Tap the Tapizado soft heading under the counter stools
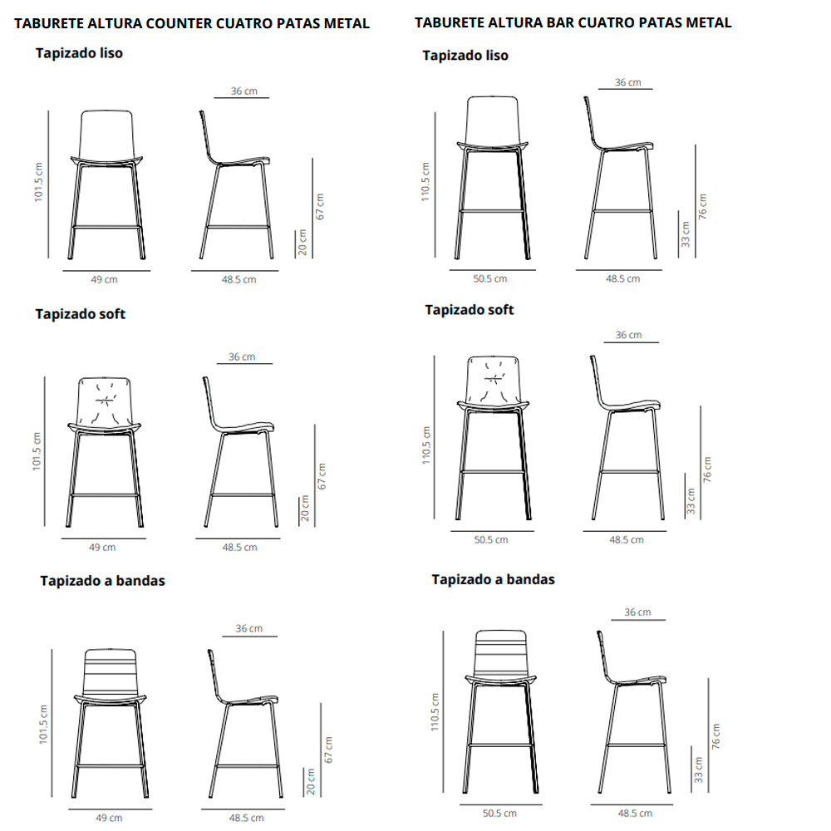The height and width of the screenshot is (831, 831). [x=81, y=314]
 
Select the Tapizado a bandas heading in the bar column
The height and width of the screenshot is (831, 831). [x=493, y=579]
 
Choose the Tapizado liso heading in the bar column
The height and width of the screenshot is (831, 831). [x=465, y=56]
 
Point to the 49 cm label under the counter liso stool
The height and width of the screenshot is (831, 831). [x=104, y=279]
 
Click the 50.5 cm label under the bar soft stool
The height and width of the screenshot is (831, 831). [x=491, y=539]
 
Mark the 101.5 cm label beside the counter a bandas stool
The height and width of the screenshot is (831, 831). [x=43, y=725]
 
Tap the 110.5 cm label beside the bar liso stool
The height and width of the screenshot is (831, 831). [x=425, y=182]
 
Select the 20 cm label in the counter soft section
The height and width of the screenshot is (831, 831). [x=305, y=509]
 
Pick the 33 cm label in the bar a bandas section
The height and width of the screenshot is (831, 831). [x=699, y=770]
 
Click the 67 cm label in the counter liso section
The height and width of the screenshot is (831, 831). [x=320, y=207]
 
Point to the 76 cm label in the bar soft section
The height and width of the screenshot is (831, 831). [x=707, y=469]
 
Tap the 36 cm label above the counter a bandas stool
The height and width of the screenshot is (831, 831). [x=249, y=628]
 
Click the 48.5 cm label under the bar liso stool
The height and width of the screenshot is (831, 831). [x=622, y=278]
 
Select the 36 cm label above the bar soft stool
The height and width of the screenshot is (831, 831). [x=628, y=335]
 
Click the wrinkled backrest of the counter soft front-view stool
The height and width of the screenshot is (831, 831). [x=105, y=401]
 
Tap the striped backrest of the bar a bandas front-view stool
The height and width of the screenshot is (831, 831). [x=501, y=653]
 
